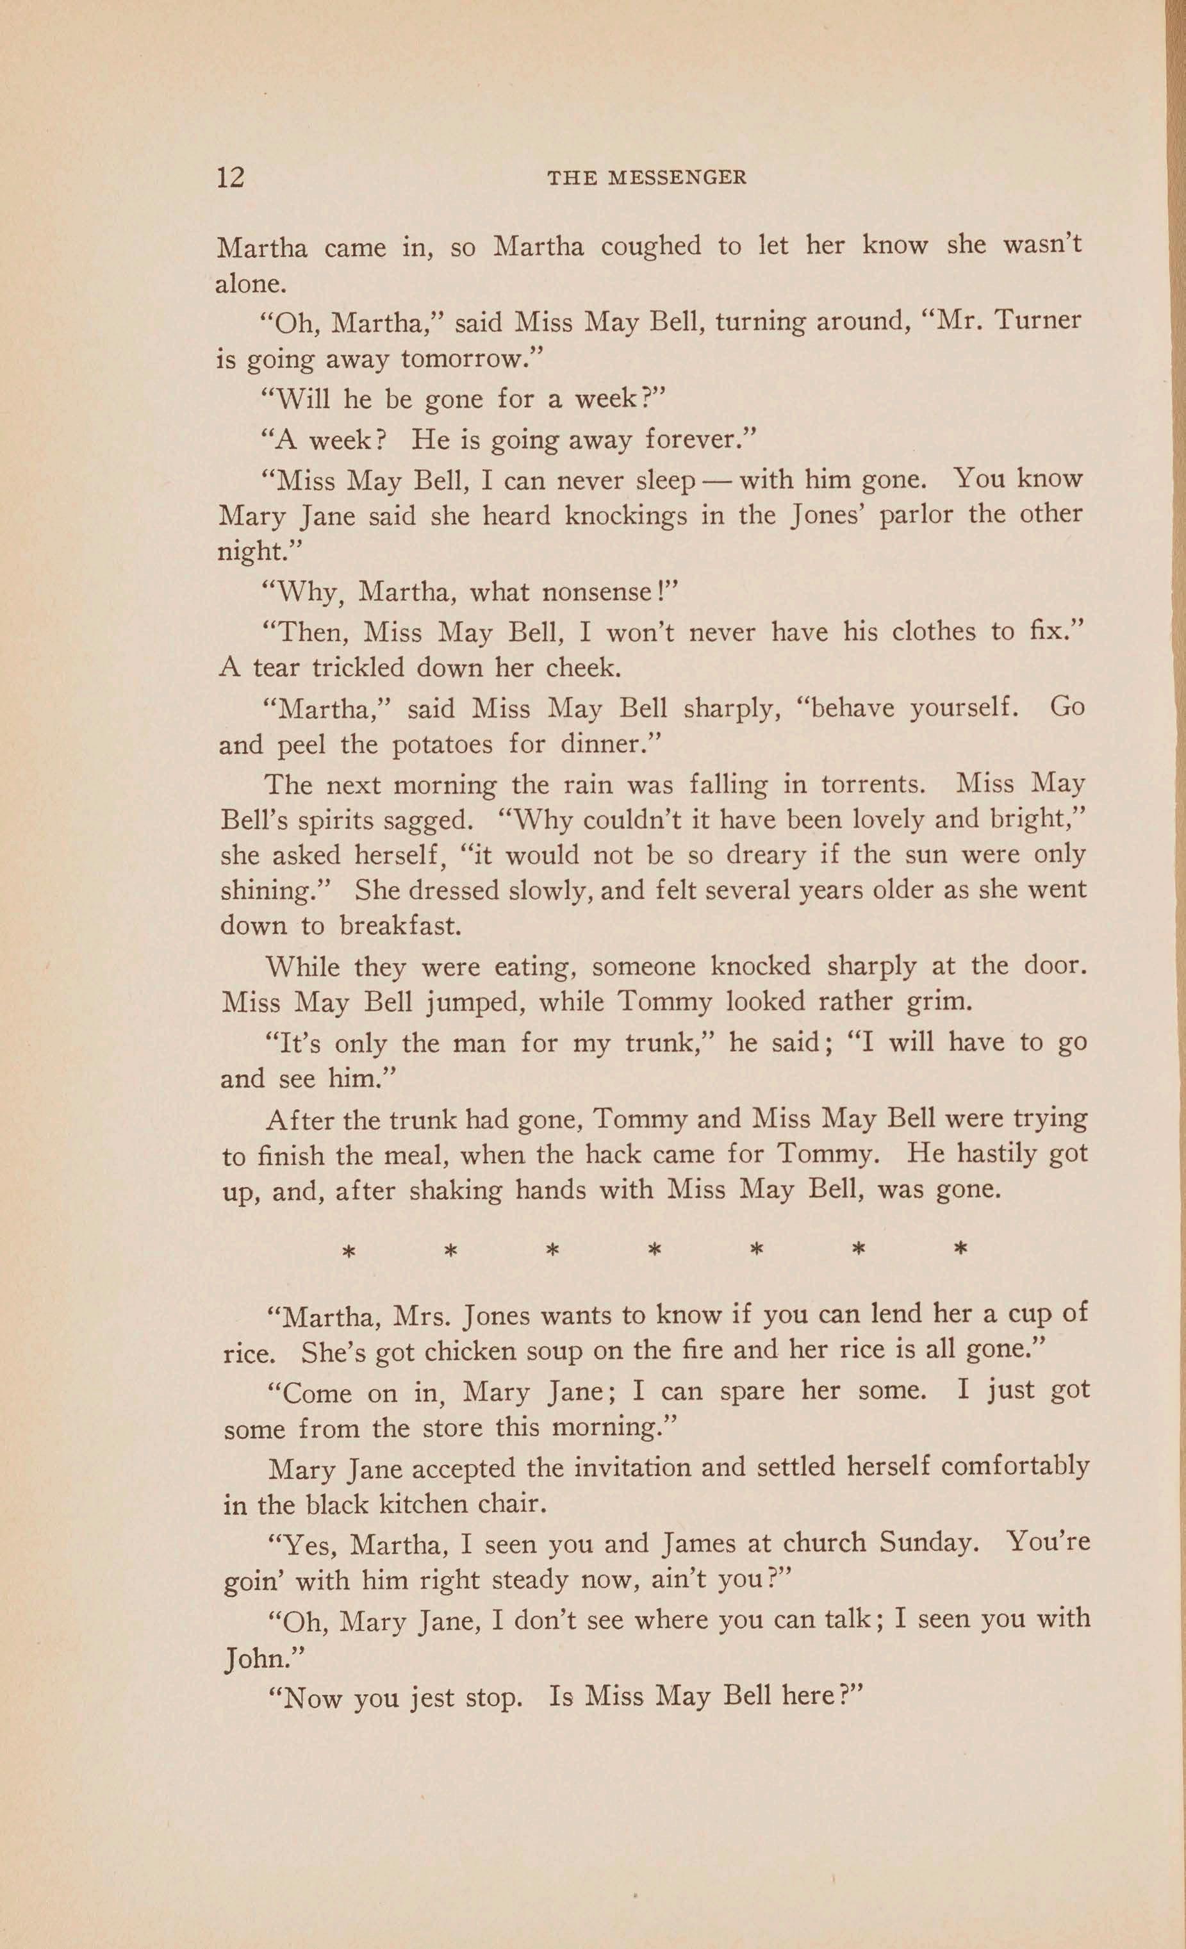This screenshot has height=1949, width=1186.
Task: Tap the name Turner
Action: tap(1037, 320)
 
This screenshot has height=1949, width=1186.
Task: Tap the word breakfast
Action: tap(399, 925)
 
